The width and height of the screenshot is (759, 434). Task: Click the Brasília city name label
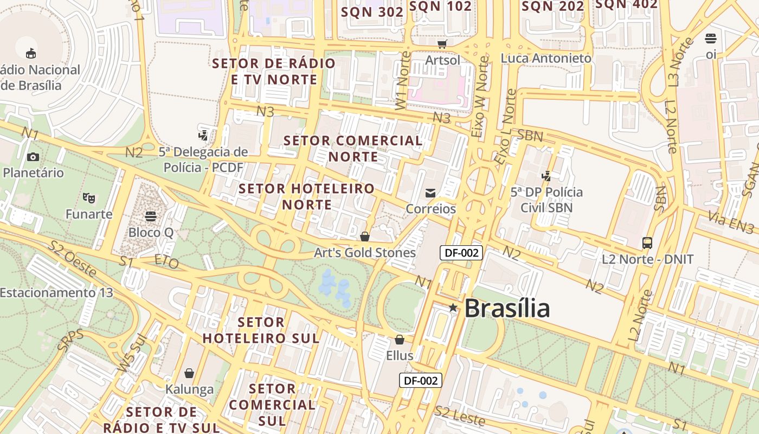507,308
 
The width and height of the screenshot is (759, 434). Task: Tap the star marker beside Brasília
453,308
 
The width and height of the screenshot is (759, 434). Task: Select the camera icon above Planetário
33,157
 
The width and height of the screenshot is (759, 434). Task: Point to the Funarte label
89,214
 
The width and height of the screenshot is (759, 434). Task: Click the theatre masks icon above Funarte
88,197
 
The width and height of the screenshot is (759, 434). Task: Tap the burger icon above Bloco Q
151,216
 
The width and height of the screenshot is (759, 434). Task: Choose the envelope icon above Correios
430,193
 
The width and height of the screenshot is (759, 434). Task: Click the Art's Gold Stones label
365,253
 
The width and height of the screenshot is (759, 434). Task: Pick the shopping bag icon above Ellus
400,340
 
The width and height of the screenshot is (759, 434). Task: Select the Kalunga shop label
189,389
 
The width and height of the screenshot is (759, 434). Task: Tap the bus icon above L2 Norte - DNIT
647,242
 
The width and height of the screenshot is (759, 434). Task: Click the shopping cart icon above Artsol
442,43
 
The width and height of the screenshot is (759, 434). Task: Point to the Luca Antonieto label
546,58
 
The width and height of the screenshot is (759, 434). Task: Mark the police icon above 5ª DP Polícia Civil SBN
546,176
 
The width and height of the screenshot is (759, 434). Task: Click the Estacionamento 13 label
56,293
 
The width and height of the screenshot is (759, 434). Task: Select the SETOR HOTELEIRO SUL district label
261,330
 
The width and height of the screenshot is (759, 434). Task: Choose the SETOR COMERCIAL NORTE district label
353,149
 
